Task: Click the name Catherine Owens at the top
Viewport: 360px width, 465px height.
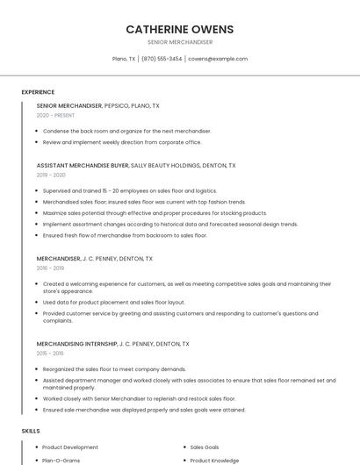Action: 180,29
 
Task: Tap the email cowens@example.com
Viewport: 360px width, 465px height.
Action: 218,59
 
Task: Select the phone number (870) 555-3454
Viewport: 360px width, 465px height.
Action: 162,59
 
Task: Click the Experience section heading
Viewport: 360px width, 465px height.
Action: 38,92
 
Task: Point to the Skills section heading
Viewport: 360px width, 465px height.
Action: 31,431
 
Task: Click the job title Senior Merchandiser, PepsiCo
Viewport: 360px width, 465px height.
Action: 97,105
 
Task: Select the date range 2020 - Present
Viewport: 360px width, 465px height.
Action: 55,115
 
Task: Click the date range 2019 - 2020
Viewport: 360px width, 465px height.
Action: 51,175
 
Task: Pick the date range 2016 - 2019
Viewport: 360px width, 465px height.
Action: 51,268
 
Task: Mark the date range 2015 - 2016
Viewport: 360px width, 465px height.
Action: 50,354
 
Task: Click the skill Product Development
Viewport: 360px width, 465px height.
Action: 70,447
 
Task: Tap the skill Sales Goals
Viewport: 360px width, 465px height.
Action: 205,447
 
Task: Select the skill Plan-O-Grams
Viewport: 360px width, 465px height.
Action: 61,460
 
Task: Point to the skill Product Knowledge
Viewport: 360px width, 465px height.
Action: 214,460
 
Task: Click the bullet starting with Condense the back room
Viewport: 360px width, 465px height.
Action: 126,131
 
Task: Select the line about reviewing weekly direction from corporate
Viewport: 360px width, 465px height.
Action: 122,142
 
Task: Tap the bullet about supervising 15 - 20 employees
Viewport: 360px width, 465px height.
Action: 129,190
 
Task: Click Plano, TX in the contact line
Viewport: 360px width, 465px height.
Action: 124,59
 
